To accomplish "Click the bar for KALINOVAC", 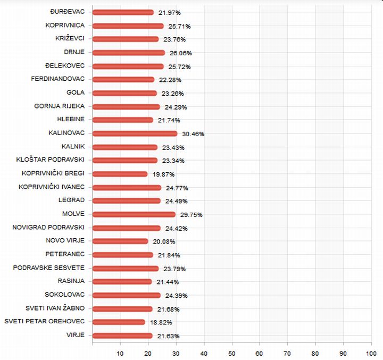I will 135,133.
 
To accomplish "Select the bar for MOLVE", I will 134,214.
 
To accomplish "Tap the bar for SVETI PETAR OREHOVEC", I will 118,322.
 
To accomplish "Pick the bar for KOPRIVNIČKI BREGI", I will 120,174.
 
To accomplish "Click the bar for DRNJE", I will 128,53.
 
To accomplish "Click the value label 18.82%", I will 161,322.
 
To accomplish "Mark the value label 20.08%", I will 164,241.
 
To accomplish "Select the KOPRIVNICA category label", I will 65,25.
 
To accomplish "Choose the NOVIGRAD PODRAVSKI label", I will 48,227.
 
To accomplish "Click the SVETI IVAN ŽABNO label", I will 55,308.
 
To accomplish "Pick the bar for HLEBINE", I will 122,120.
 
